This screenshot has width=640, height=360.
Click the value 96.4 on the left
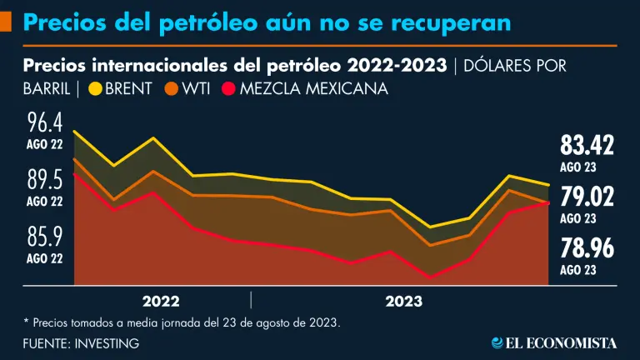point(45,124)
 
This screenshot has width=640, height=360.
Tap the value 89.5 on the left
point(45,180)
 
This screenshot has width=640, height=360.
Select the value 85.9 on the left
point(45,237)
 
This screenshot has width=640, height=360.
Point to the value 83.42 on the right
point(587,145)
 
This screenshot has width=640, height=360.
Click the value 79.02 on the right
point(587,197)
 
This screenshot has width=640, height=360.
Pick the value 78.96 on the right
point(587,247)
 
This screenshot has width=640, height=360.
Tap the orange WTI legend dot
point(172,87)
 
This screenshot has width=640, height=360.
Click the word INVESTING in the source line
point(106,342)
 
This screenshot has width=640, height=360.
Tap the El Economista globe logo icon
point(497,342)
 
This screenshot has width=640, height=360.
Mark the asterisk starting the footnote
point(27,321)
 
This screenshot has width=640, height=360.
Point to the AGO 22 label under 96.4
point(45,144)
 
